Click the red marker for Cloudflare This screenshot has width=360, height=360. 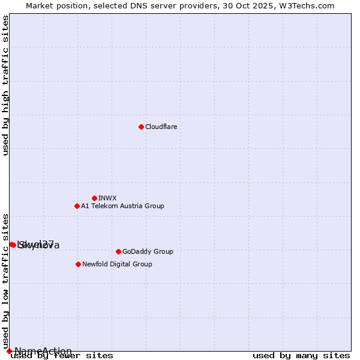(x=141, y=127)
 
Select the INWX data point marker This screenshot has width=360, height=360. (x=94, y=198)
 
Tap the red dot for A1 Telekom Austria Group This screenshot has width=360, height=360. (x=77, y=206)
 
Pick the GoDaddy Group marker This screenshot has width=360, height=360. (x=118, y=251)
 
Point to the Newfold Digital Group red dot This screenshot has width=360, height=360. (x=79, y=264)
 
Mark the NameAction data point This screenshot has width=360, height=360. (x=9, y=351)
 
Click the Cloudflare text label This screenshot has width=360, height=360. (x=161, y=127)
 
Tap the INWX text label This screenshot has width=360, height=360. (x=107, y=198)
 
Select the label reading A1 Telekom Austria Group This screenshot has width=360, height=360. (x=122, y=206)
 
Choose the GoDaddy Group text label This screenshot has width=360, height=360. (x=148, y=251)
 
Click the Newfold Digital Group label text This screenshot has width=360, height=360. (x=117, y=264)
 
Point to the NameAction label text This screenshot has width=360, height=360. (x=43, y=351)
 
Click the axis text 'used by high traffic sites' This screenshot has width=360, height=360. (x=6, y=85)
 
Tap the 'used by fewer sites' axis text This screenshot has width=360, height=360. (x=62, y=356)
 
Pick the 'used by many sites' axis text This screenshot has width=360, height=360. (x=301, y=356)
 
